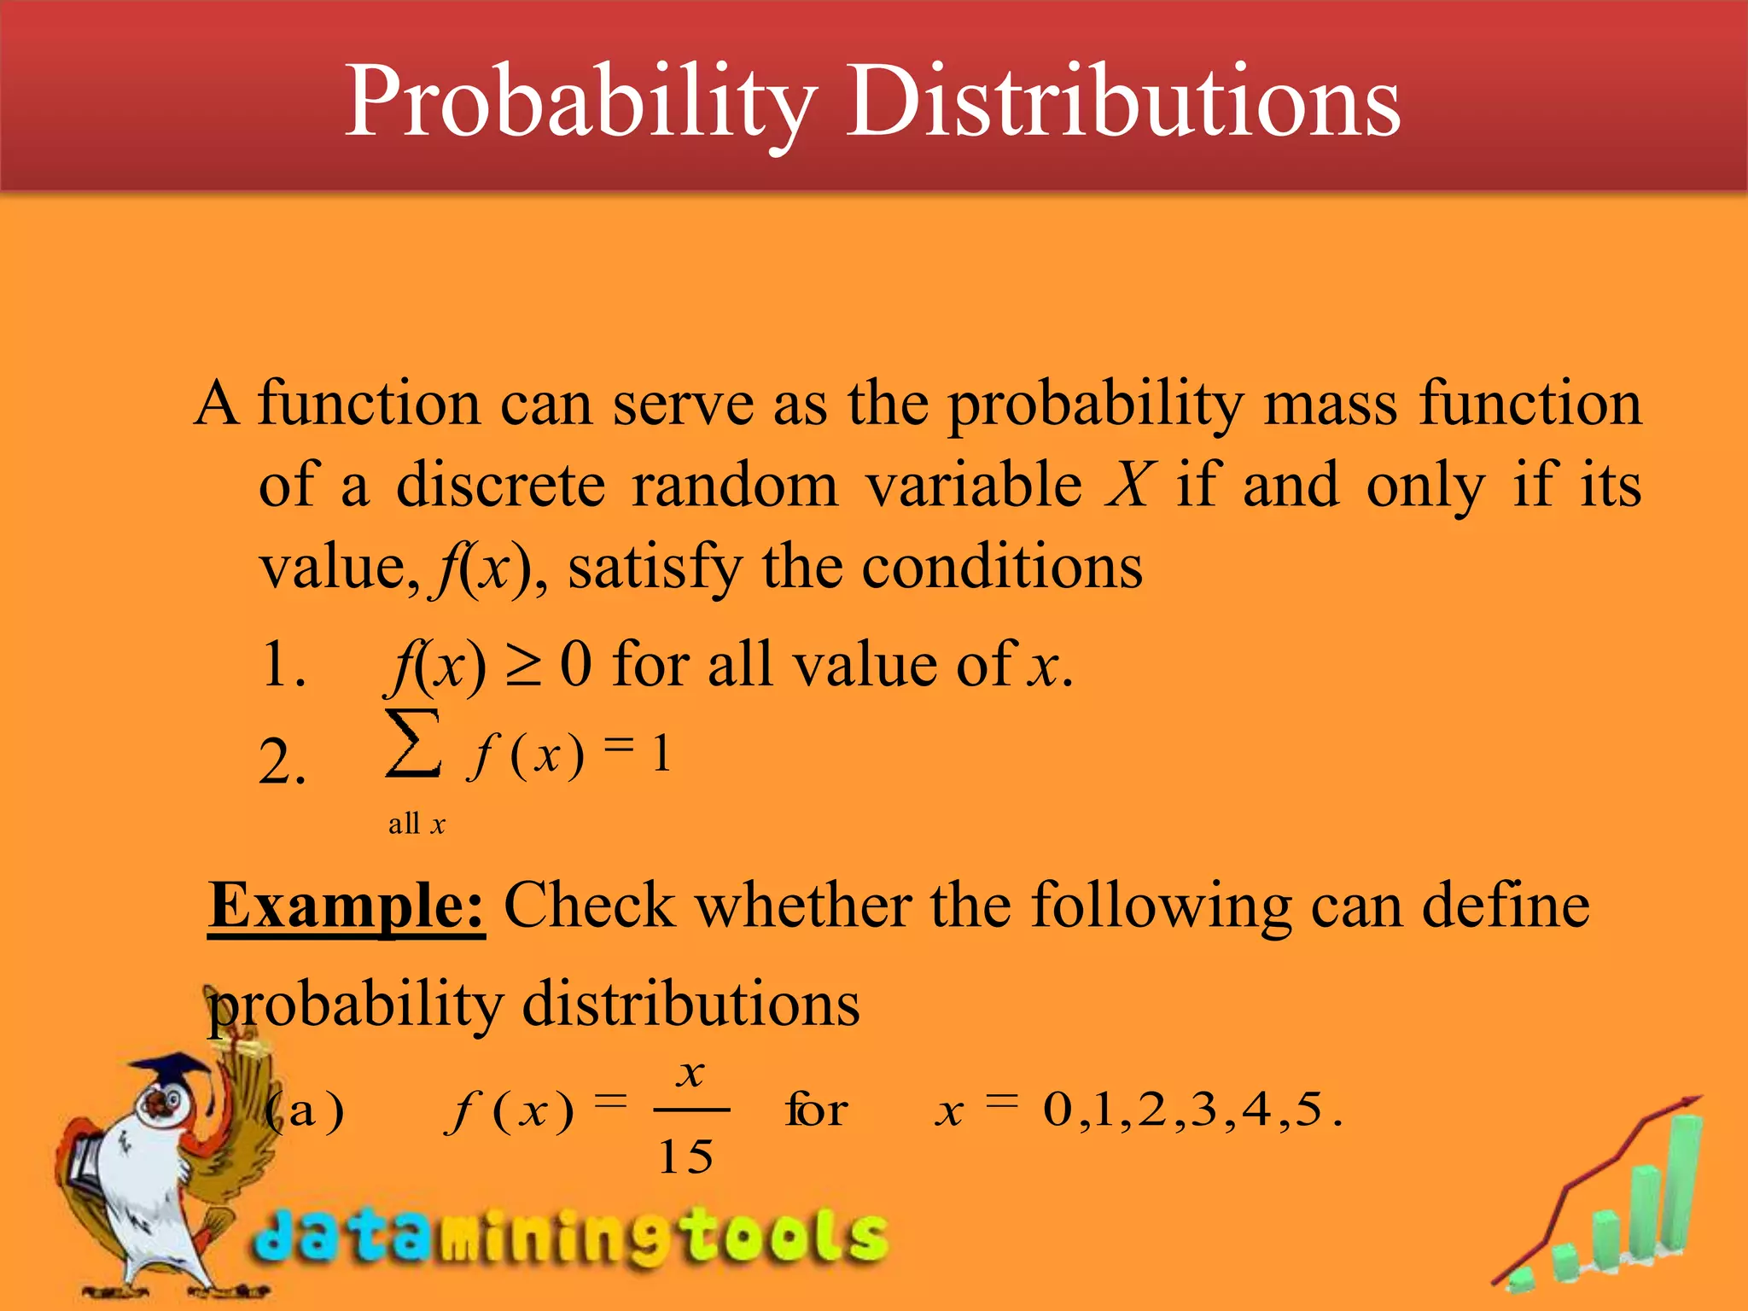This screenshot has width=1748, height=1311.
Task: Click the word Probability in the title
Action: (x=580, y=102)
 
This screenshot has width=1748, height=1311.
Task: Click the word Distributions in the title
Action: (x=1122, y=102)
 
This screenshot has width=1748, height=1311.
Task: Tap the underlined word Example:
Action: (x=347, y=906)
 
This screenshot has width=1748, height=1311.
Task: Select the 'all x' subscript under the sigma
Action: (x=417, y=824)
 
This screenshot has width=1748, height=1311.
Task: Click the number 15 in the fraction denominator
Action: (x=685, y=1157)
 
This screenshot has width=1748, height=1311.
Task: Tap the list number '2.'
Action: (x=282, y=762)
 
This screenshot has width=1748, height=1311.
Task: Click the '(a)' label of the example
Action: (x=305, y=1111)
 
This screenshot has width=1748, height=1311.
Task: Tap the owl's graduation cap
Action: (x=175, y=1072)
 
